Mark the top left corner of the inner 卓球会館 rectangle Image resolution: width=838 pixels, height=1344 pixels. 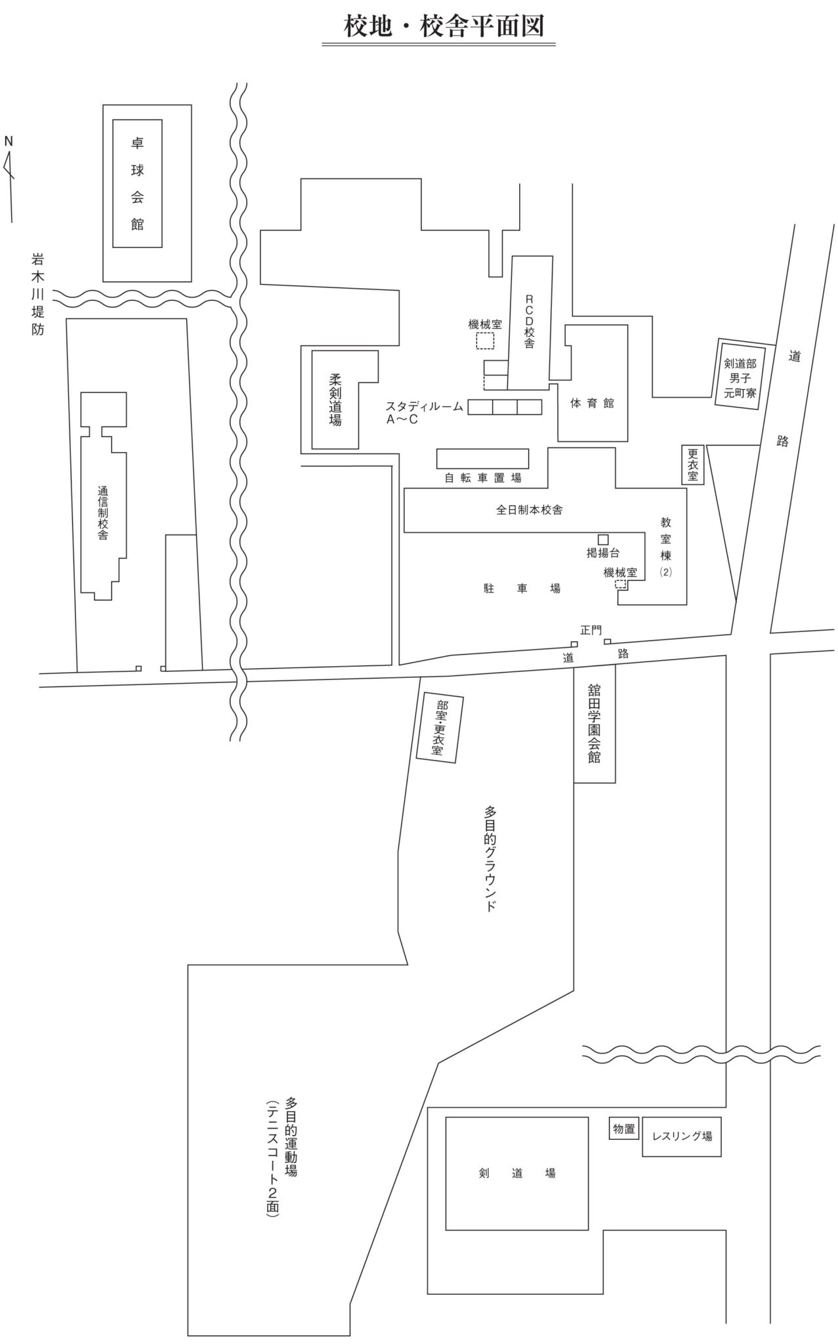(x=113, y=119)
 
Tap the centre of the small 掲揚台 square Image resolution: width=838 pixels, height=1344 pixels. (x=603, y=539)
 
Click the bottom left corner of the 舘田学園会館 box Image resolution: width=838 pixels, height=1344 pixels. (x=574, y=783)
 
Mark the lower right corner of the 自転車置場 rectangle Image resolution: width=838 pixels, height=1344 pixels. (x=528, y=469)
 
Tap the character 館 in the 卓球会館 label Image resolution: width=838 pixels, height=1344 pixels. (x=137, y=224)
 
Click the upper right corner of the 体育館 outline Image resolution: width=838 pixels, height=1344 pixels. (x=628, y=325)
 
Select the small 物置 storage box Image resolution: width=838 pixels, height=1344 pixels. (x=624, y=1129)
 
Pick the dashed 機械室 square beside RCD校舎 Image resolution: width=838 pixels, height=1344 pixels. (x=485, y=341)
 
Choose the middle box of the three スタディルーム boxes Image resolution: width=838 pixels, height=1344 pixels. (x=505, y=407)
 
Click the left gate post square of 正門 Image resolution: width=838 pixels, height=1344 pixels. (x=574, y=644)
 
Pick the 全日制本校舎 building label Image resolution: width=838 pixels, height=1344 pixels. (x=529, y=509)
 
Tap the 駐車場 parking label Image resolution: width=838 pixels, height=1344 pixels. (x=522, y=588)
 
